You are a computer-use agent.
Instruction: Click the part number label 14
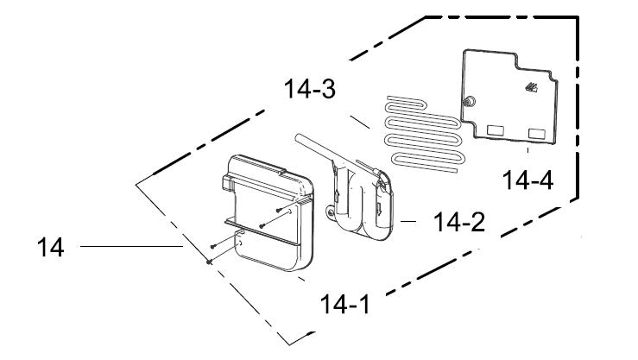(50, 247)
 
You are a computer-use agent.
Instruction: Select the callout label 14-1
(345, 304)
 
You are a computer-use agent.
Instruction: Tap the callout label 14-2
(459, 222)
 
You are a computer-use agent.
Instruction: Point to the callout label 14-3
(310, 89)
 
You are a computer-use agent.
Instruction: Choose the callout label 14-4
(527, 180)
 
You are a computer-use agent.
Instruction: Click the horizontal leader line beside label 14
(131, 247)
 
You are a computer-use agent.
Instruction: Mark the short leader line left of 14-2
(408, 222)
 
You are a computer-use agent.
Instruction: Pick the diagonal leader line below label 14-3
(360, 122)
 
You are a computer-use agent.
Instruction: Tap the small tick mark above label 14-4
(527, 150)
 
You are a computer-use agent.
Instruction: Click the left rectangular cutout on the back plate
(496, 130)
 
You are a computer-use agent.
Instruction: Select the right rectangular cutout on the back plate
(537, 134)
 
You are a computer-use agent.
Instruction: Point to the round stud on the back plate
(470, 101)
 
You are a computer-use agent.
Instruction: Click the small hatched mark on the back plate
(531, 87)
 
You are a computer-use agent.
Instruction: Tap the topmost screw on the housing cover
(279, 210)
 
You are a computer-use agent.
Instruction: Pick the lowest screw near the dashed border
(209, 262)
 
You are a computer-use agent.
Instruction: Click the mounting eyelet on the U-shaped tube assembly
(330, 212)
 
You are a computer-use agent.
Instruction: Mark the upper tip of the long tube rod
(298, 138)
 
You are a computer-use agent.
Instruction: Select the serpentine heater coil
(423, 134)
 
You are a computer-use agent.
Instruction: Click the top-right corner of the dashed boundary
(578, 16)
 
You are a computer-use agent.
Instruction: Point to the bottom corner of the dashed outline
(290, 344)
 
